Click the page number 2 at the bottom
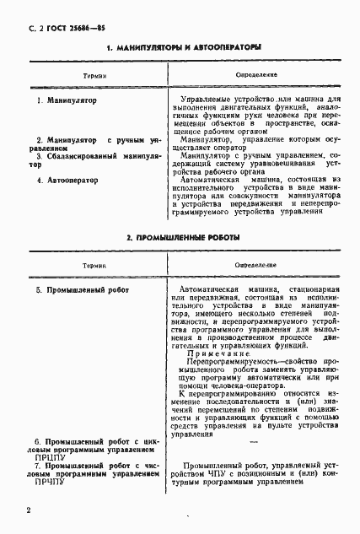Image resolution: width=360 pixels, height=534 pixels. [x=29, y=510]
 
